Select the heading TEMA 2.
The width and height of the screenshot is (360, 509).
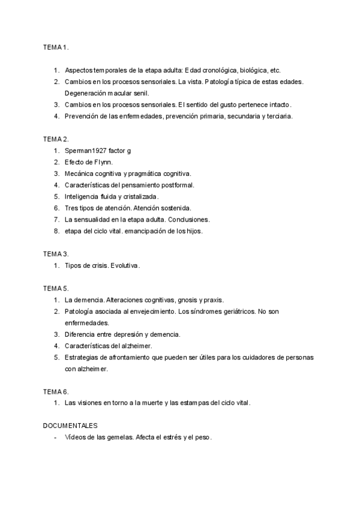click(56, 139)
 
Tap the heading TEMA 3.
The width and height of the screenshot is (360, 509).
click(56, 254)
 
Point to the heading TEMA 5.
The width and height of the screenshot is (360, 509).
click(56, 288)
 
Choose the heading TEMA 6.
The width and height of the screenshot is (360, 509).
click(56, 391)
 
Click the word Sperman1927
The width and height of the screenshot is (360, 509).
click(86, 150)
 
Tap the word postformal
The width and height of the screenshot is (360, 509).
click(174, 185)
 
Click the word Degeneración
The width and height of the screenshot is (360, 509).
click(90, 93)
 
